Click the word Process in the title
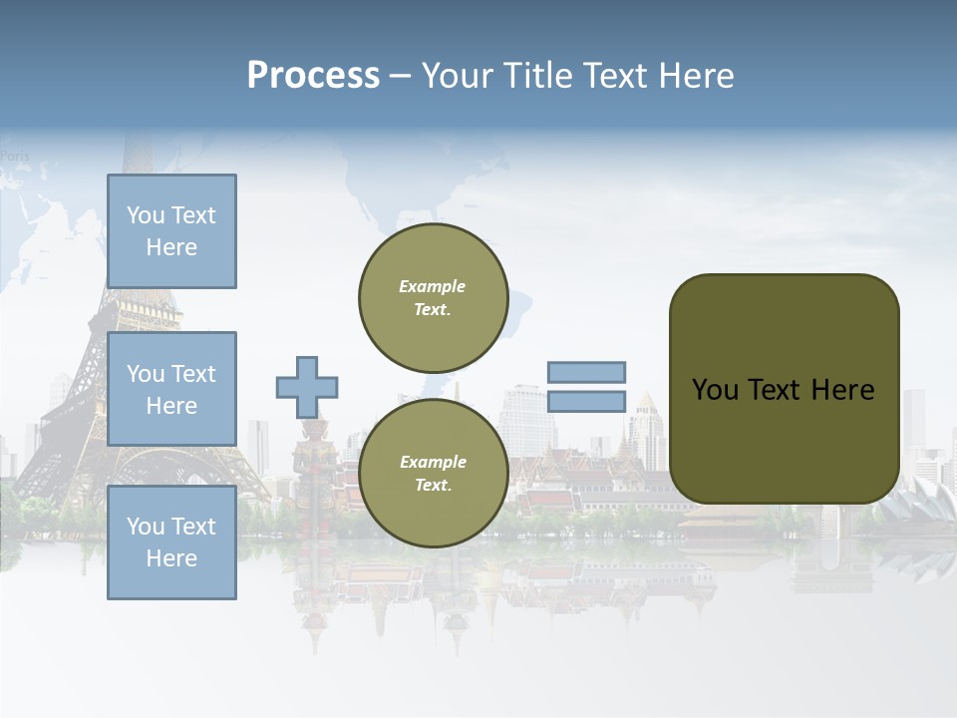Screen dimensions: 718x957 [x=313, y=76]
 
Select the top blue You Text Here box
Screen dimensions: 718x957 [x=171, y=231]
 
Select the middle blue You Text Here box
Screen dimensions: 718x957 [x=171, y=389]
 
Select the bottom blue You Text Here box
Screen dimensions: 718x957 [x=171, y=542]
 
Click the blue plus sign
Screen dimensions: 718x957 [x=306, y=387]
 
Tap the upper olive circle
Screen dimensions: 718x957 [x=433, y=297]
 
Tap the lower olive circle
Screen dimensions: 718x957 [x=433, y=473]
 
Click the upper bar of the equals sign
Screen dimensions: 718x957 [x=586, y=372]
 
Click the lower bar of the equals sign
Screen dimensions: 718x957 [x=586, y=401]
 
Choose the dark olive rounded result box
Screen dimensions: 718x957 [x=784, y=389]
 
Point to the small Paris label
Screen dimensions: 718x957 [x=15, y=156]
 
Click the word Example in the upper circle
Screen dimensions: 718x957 [x=433, y=286]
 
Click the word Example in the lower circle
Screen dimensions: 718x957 [x=433, y=462]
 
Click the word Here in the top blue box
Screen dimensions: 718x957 [x=171, y=247]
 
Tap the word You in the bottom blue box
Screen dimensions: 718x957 [x=146, y=527]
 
